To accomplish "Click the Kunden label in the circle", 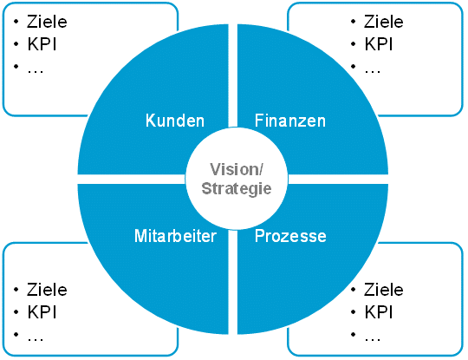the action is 175,121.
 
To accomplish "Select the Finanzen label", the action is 290,121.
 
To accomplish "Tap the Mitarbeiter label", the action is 175,236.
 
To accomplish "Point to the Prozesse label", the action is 290,236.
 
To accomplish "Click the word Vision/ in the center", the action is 237,170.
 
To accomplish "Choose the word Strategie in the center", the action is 237,189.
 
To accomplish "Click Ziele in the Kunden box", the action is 47,22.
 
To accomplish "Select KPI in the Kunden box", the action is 42,44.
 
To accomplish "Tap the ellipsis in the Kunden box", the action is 36,71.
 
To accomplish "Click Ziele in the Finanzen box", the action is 384,22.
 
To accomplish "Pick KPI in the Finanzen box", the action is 379,44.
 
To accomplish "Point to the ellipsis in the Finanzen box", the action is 372,71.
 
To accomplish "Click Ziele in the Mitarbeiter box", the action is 47,290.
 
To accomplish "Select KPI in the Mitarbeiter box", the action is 42,312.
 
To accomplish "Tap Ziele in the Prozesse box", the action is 384,290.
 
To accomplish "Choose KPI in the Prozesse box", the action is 379,312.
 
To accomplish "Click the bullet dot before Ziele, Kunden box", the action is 16,22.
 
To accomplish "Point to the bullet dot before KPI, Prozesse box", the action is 353,312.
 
